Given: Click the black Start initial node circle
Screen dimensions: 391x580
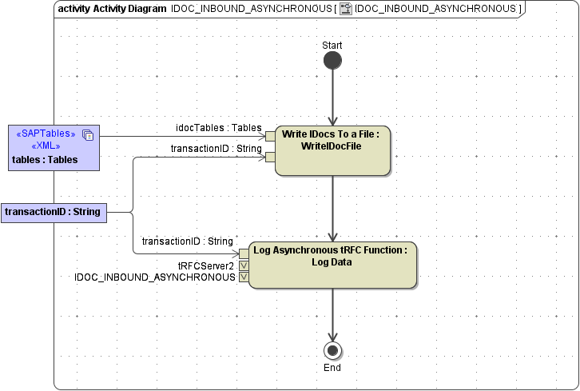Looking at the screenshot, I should click(x=332, y=61).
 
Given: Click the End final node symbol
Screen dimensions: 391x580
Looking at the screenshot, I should click(x=332, y=350).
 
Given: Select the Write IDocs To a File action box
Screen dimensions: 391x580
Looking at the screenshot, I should click(x=332, y=150).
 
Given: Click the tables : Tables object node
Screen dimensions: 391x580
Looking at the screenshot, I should click(x=54, y=148).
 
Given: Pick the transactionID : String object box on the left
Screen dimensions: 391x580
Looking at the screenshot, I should click(x=54, y=212).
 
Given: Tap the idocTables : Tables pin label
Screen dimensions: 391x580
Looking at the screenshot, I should click(x=218, y=127).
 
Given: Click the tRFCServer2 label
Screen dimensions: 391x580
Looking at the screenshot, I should click(x=206, y=265).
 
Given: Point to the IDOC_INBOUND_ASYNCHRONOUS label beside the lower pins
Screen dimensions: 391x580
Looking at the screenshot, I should click(x=155, y=277).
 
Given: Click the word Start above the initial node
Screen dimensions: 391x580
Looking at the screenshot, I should click(x=332, y=45).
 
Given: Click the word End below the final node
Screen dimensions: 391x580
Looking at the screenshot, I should click(x=332, y=368).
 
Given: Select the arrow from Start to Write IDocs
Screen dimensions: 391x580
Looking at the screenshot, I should click(x=332, y=96).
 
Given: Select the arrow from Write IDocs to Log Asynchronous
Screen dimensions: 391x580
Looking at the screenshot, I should click(x=332, y=208).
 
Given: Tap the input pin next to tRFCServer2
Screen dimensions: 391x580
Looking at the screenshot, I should click(x=244, y=265).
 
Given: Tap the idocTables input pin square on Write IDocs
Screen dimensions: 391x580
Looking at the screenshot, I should click(x=271, y=136).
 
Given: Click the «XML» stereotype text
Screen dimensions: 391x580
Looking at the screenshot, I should click(x=46, y=146).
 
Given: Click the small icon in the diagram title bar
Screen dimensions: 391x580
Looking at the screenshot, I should click(x=346, y=9).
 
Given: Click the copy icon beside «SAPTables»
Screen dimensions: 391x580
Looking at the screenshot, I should click(x=88, y=134).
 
